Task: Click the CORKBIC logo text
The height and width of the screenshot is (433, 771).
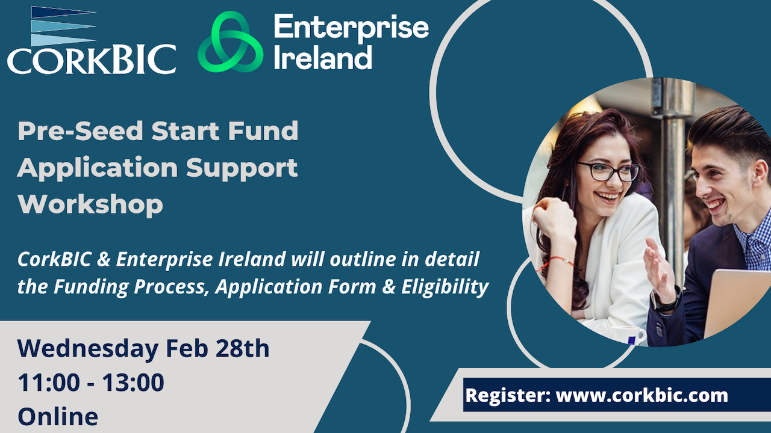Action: (x=92, y=60)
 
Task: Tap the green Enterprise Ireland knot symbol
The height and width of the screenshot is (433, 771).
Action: (x=230, y=42)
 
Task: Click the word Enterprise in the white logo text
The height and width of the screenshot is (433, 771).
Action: (x=351, y=28)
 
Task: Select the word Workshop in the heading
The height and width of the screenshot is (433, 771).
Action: (x=90, y=204)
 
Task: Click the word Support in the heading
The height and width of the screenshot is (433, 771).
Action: (x=242, y=169)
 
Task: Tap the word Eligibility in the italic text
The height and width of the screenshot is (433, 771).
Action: (x=445, y=287)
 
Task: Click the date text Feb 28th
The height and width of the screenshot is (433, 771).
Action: (x=217, y=348)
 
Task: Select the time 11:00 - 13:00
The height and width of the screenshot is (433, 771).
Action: (x=91, y=382)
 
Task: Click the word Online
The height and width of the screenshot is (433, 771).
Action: (x=58, y=417)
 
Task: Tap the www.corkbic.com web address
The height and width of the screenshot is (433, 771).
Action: (x=642, y=396)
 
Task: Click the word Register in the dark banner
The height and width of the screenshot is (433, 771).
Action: (x=508, y=396)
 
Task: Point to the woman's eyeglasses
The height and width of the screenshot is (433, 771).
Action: (x=608, y=171)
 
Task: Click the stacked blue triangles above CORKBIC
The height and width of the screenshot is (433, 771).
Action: (x=63, y=26)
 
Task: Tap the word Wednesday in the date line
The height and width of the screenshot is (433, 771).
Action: (x=88, y=348)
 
